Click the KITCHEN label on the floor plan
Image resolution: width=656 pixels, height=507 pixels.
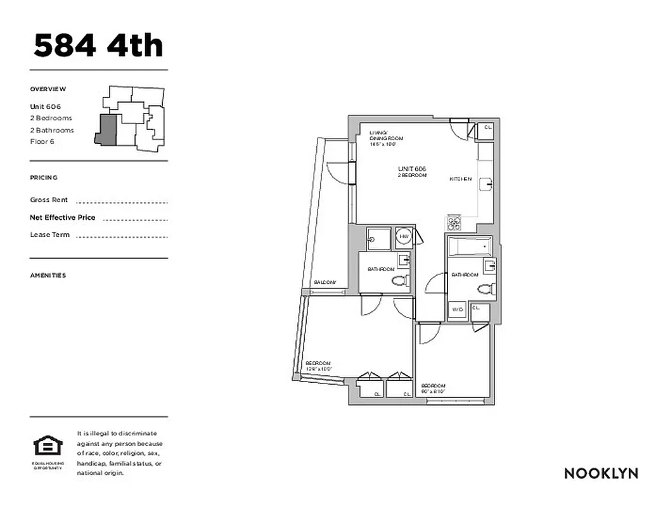coord(461,179)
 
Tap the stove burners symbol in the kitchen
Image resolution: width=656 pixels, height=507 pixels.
coord(454,222)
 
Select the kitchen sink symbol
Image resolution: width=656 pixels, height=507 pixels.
coord(486,184)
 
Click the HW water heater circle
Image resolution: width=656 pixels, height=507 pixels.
coord(404,237)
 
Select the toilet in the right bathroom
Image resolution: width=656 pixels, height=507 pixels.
coord(486,290)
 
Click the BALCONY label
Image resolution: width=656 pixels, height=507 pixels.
coord(324,283)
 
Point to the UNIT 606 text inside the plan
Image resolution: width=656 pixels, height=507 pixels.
coord(412,169)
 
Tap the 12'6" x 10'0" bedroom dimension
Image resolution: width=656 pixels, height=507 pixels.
coord(319,368)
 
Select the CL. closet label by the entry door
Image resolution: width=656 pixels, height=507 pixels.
coord(488,127)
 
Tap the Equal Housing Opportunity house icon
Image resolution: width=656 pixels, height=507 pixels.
coord(48,447)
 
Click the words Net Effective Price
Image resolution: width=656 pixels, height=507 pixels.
coord(63,217)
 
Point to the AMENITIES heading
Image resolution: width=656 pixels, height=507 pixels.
coord(48,275)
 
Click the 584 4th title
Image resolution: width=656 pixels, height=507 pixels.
coord(98,46)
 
